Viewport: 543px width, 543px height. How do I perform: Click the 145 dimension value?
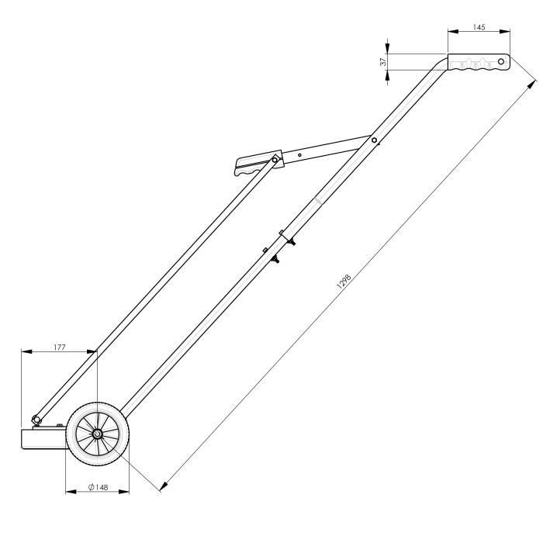(x=479, y=27)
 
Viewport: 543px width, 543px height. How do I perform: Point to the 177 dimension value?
(x=59, y=348)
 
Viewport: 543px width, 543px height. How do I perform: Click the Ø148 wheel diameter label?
(x=97, y=487)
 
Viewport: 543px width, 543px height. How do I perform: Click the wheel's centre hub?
(x=98, y=436)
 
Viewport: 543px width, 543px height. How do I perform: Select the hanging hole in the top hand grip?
(x=501, y=60)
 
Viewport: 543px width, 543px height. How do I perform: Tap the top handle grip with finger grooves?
(x=477, y=62)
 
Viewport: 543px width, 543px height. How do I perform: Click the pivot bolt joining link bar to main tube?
(x=374, y=140)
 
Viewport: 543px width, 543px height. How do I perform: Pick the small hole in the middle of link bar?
(x=299, y=154)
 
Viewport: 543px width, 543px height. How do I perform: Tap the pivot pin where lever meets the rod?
(x=275, y=161)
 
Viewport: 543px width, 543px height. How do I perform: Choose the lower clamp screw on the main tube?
(x=274, y=259)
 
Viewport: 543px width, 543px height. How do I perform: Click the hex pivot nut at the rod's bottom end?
(x=36, y=419)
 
